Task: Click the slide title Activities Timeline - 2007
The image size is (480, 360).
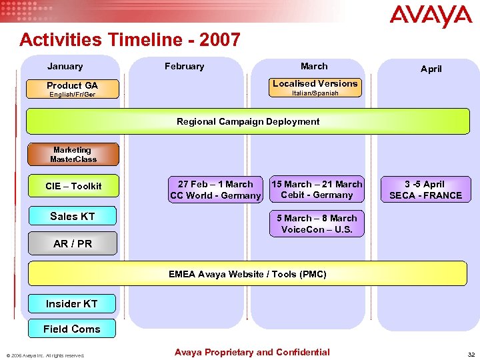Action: [130, 40]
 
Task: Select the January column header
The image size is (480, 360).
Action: [65, 66]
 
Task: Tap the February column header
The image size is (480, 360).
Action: [185, 66]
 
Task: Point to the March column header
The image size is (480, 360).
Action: [314, 66]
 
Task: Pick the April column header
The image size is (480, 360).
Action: [431, 69]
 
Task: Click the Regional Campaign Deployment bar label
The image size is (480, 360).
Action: [247, 121]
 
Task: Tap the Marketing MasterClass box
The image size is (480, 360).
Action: [73, 155]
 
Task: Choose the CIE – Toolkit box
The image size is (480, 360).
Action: [73, 186]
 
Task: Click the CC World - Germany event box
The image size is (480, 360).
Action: [215, 189]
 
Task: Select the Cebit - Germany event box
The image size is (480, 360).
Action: [317, 189]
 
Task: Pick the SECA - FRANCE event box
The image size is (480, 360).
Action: [425, 189]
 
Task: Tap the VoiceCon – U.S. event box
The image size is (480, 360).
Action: [317, 224]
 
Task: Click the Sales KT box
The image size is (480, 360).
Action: [73, 216]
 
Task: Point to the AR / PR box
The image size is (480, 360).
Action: [73, 243]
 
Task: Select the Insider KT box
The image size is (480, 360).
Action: [72, 303]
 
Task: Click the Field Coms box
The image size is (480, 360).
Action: [72, 329]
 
